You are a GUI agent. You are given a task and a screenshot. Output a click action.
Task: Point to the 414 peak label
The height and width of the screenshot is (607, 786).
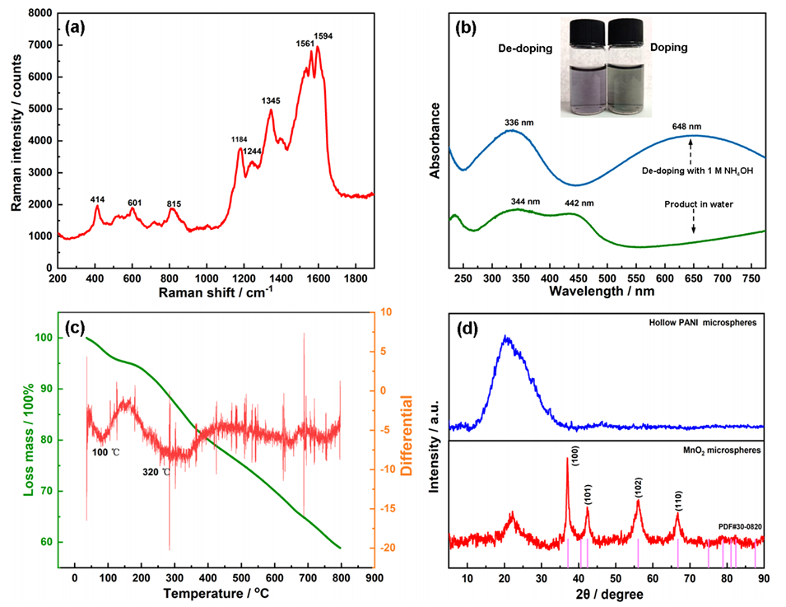click(x=97, y=198)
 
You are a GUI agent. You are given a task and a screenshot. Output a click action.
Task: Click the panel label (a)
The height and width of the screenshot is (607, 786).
click(x=75, y=26)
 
